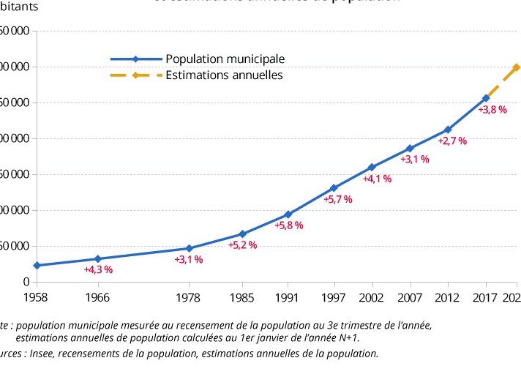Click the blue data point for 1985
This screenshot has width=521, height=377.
pos(242,234)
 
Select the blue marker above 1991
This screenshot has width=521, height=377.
pos(288,214)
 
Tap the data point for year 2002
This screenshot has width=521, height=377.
pos(372,168)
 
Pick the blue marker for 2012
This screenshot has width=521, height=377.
pos(448,130)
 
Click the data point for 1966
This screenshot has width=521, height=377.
pos(97,258)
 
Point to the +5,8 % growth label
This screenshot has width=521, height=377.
pos(288,225)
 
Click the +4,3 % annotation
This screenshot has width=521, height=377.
pos(98,269)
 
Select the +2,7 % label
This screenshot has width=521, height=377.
pos(452,141)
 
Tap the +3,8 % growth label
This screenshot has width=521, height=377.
pos(492,109)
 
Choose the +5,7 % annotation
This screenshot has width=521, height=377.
pos(338,199)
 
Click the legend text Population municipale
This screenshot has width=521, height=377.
pos(225,59)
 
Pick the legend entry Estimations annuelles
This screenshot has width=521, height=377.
pos(224,75)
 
